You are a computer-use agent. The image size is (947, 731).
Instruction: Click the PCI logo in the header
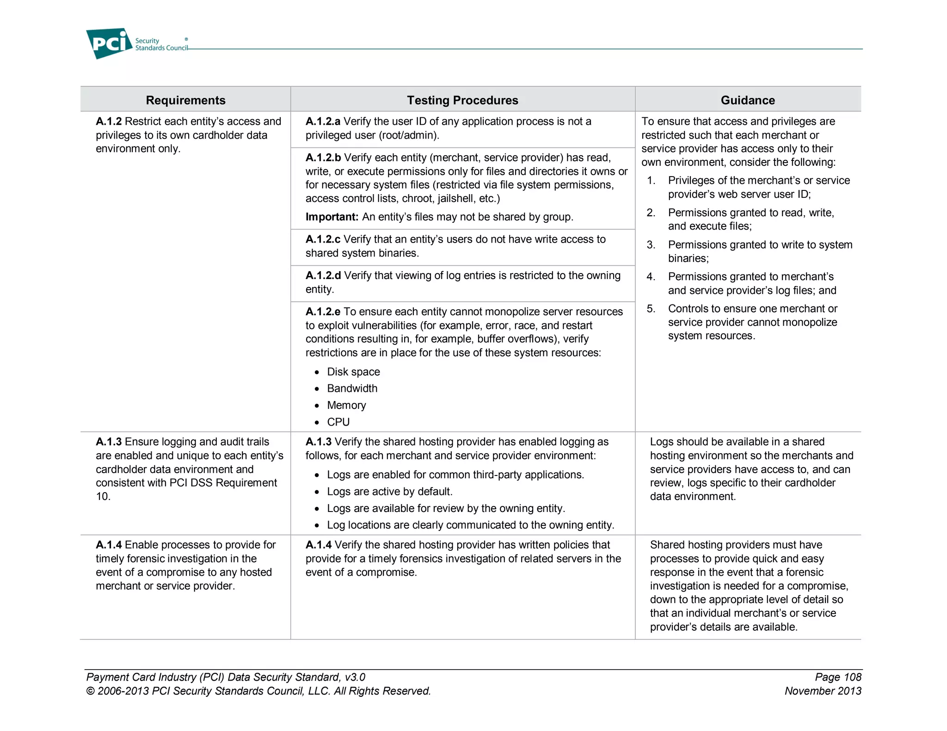pyautogui.click(x=109, y=43)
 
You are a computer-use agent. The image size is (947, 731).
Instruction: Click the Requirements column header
pyautogui.click(x=185, y=100)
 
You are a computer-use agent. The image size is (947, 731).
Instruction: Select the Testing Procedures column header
pyautogui.click(x=462, y=100)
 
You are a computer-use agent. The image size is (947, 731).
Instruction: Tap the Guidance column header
pyautogui.click(x=748, y=100)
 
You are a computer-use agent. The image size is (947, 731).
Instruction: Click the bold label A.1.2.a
pyautogui.click(x=323, y=122)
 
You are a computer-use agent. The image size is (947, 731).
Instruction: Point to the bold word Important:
pyautogui.click(x=332, y=217)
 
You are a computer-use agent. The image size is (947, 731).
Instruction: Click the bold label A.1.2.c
pyautogui.click(x=323, y=239)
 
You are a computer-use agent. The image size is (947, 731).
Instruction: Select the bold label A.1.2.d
pyautogui.click(x=323, y=276)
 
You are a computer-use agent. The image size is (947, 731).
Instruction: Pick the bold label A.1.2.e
pyautogui.click(x=323, y=312)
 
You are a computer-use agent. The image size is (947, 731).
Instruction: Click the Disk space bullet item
pyautogui.click(x=353, y=372)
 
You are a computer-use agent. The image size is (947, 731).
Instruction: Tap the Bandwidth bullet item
pyautogui.click(x=352, y=389)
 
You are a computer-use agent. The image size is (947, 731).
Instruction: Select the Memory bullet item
pyautogui.click(x=346, y=406)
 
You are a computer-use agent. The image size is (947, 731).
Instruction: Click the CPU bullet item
pyautogui.click(x=338, y=422)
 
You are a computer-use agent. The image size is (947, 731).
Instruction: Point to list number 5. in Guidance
pyautogui.click(x=651, y=309)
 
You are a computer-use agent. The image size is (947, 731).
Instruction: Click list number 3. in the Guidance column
pyautogui.click(x=651, y=245)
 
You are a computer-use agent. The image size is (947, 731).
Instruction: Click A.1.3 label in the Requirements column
pyautogui.click(x=109, y=442)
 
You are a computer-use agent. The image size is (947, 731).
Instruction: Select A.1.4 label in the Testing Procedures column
pyautogui.click(x=318, y=545)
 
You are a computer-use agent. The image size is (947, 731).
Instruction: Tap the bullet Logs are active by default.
pyautogui.click(x=389, y=492)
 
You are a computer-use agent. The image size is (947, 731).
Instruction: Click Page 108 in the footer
pyautogui.click(x=838, y=677)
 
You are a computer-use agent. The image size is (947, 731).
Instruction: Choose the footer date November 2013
pyautogui.click(x=823, y=691)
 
